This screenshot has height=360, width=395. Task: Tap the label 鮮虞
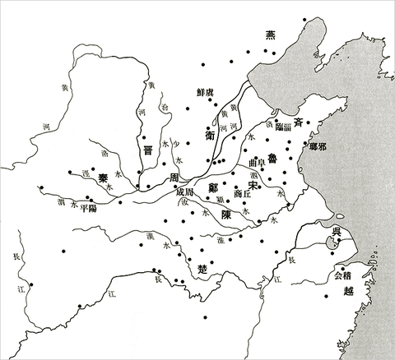click(206, 92)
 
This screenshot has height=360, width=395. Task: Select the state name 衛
click(211, 131)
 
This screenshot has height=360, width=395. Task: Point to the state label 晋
click(147, 150)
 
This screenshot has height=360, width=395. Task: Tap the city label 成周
click(185, 192)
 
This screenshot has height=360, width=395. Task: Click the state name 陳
click(225, 213)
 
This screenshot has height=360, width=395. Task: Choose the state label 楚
click(203, 269)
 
